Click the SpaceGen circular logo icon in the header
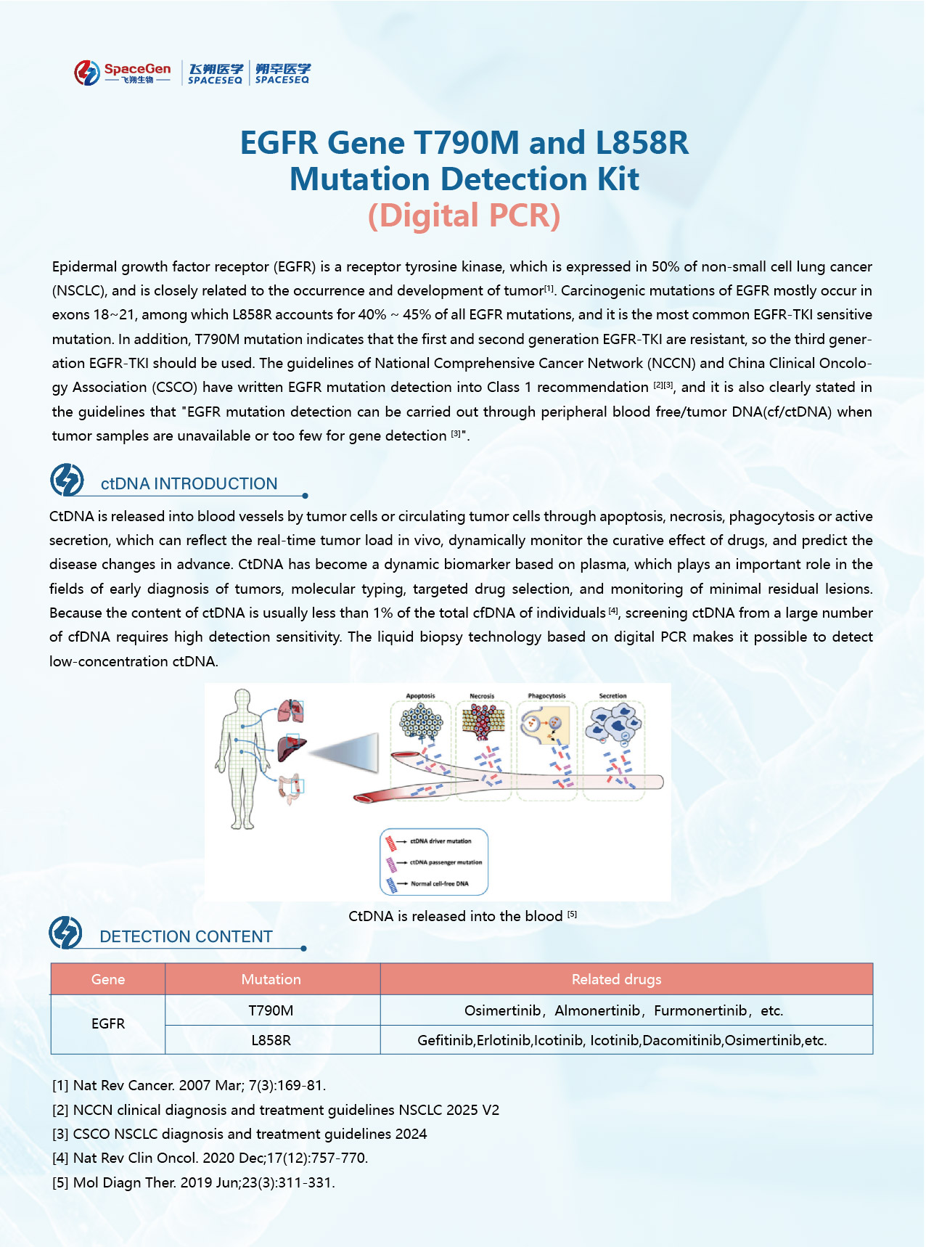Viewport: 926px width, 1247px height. tap(86, 73)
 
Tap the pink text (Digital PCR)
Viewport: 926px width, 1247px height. tap(464, 216)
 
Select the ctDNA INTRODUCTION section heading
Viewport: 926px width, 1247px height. tap(189, 483)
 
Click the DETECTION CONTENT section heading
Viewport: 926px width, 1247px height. tap(186, 936)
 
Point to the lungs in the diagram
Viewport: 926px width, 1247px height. tap(291, 711)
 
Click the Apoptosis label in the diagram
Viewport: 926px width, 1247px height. tap(420, 696)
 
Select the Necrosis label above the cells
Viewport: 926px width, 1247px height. tap(482, 696)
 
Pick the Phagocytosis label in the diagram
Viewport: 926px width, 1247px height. tap(546, 696)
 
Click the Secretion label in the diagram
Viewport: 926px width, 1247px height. tap(612, 696)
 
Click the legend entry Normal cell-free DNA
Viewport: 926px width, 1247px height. tap(440, 883)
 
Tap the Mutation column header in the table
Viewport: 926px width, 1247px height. tap(271, 979)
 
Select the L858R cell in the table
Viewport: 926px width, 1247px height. tap(271, 1040)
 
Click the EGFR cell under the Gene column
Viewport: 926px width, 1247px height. tap(108, 1023)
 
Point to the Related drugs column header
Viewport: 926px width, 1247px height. tap(616, 979)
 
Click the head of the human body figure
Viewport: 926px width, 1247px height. tap(242, 700)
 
